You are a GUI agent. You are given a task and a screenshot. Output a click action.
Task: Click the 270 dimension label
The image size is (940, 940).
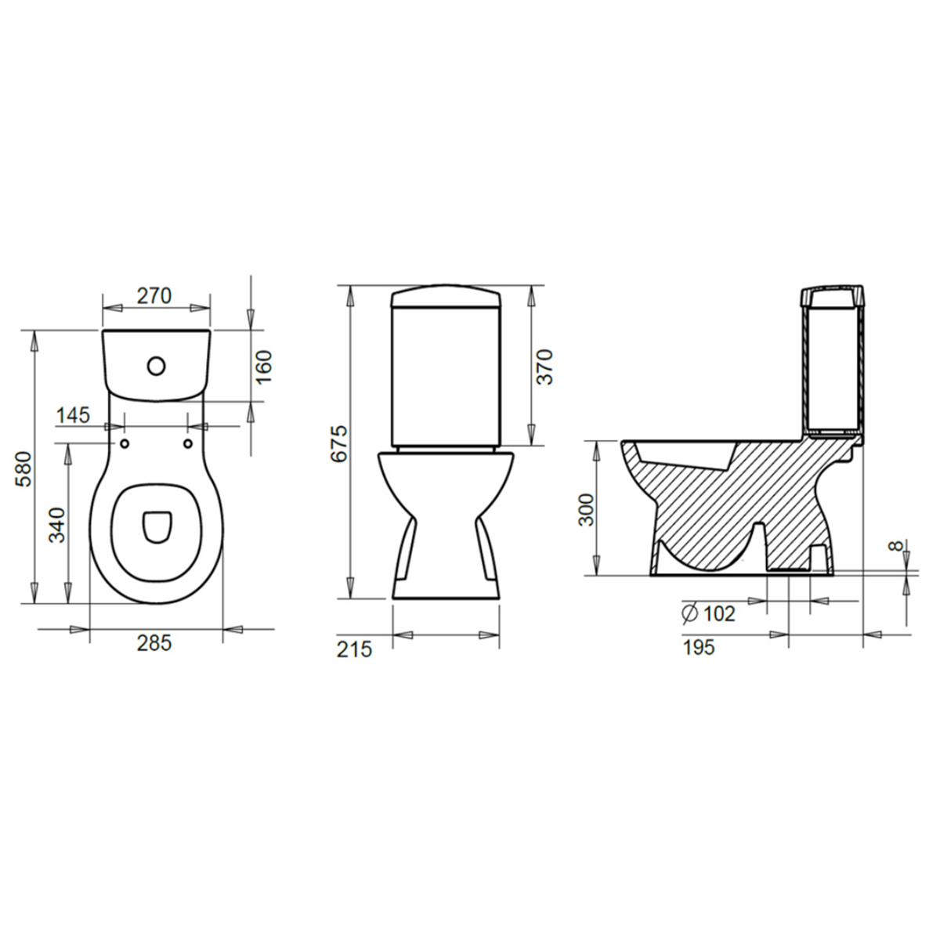tap(154, 295)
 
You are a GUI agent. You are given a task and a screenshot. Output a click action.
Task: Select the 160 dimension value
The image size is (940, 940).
tap(264, 367)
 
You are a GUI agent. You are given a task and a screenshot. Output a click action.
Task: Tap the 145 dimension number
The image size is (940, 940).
tap(74, 415)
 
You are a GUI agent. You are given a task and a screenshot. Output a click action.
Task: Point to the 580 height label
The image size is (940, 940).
tap(24, 469)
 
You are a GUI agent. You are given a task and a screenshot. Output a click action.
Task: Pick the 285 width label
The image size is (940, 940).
tap(154, 643)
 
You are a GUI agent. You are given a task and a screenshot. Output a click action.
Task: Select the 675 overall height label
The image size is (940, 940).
tap(338, 443)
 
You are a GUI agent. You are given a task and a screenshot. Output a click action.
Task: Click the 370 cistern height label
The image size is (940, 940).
tap(544, 367)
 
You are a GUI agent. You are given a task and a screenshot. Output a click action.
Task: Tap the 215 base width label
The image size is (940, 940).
tap(355, 649)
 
